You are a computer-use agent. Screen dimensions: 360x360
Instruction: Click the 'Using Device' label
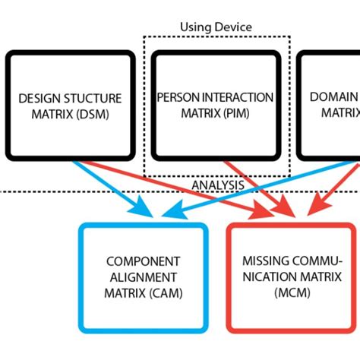click(x=216, y=27)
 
